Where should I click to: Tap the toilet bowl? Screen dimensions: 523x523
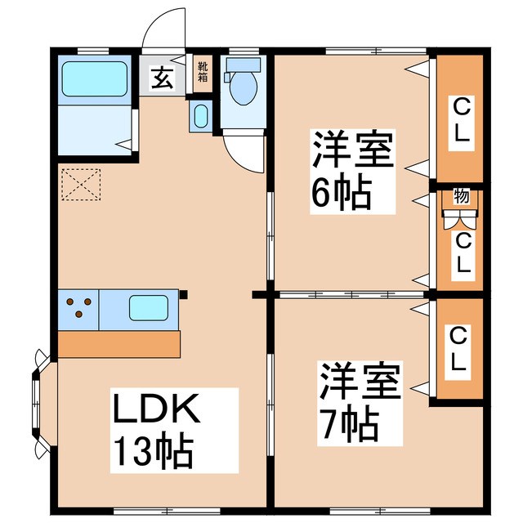tap(243, 89)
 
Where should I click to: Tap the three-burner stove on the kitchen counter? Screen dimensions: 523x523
tap(78, 309)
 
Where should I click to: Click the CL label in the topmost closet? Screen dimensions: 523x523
tap(462, 118)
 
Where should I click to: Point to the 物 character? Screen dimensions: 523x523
tap(462, 196)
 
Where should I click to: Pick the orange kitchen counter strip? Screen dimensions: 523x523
tap(119, 343)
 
